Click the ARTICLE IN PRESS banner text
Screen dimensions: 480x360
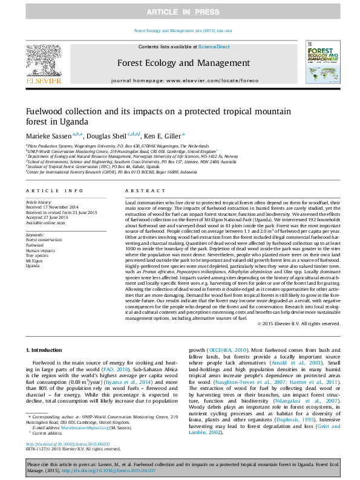point(180,11)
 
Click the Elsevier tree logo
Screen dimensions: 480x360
point(43,61)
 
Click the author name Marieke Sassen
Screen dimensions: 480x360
point(48,135)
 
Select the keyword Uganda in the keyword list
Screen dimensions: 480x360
point(33,265)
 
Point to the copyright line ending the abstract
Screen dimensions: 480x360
point(299,324)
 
